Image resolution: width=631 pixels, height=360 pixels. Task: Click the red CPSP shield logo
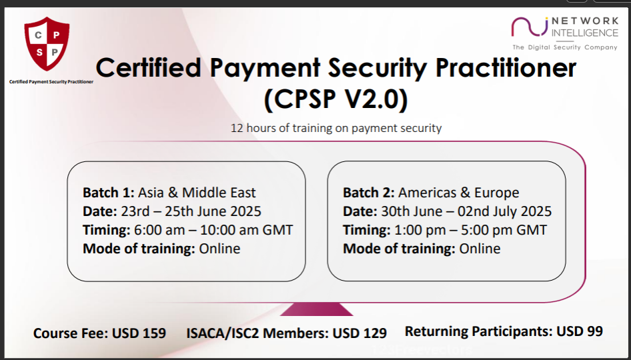point(47,43)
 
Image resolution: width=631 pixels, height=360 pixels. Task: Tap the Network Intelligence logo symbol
point(530,27)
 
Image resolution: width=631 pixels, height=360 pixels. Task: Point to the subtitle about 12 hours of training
point(336,128)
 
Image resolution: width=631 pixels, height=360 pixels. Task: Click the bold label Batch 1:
point(108,193)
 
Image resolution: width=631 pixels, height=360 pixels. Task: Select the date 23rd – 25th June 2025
point(190,211)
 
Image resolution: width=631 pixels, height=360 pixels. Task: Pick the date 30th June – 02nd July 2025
point(466,211)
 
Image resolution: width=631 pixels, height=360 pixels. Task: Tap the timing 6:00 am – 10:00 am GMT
point(213,230)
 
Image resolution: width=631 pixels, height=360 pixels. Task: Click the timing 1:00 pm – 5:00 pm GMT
point(470,230)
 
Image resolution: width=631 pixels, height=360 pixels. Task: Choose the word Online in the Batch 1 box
point(219,249)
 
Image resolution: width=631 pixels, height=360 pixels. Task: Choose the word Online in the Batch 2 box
point(480,249)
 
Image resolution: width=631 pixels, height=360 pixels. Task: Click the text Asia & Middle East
point(197,193)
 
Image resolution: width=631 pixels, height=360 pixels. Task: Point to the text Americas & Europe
point(459,193)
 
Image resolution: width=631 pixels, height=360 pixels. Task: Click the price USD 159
point(139,333)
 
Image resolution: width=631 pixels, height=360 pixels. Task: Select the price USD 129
point(360,333)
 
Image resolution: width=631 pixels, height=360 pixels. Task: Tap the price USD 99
point(580,331)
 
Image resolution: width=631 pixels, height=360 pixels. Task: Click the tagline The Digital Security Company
point(564,47)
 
